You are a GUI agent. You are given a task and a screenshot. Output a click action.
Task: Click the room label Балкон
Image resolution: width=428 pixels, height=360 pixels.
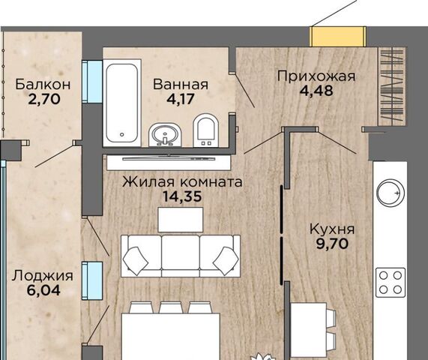click(x=43, y=84)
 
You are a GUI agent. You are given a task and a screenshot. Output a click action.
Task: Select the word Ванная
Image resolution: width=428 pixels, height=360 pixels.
click(x=180, y=84)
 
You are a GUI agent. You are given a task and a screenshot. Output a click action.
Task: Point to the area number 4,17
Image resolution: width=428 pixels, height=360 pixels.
click(x=180, y=100)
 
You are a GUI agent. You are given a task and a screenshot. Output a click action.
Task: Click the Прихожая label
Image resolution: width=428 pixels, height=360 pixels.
click(x=315, y=76)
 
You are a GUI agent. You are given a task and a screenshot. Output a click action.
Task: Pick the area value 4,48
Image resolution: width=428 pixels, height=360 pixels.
click(x=315, y=92)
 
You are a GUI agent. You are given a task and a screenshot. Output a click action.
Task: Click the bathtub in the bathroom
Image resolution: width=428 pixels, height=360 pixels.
click(x=121, y=104)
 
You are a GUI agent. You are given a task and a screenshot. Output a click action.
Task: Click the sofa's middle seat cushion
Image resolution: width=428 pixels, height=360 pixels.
click(x=181, y=250)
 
